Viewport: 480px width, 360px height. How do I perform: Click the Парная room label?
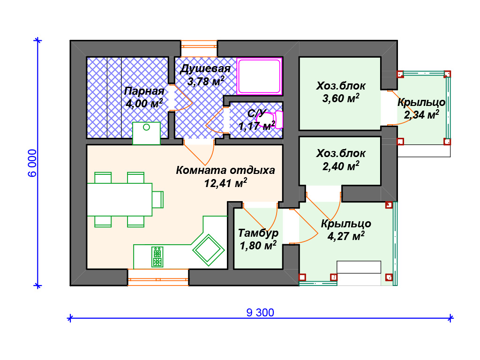click(144, 97)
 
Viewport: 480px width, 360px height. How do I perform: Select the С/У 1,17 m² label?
click(256, 120)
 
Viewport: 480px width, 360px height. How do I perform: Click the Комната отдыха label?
click(225, 176)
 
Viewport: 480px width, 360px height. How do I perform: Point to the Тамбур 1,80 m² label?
click(258, 239)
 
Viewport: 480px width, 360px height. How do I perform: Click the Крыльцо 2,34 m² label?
click(421, 108)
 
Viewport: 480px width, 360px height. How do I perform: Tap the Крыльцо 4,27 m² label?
click(346, 230)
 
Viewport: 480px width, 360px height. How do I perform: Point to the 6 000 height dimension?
click(32, 163)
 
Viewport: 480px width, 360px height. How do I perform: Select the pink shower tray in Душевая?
click(260, 75)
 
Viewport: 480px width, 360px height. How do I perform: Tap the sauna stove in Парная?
click(147, 133)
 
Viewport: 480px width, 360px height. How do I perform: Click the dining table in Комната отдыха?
click(120, 199)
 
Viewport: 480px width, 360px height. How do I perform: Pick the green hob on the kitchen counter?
click(157, 256)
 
